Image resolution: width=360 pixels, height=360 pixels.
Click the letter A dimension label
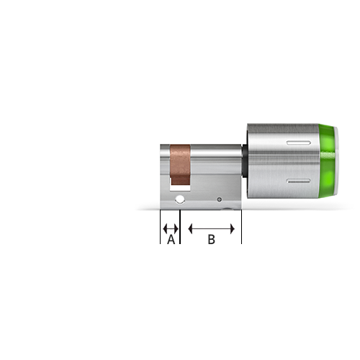(171, 240)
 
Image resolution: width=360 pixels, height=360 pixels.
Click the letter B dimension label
(211, 240)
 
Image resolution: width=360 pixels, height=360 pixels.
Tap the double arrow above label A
(171, 229)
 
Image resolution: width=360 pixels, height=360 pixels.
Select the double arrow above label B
(212, 229)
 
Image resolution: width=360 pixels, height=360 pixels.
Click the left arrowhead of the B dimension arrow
(190, 229)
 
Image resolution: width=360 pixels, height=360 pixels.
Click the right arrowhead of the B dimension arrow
(233, 229)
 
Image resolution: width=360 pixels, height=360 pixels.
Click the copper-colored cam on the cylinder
(180, 164)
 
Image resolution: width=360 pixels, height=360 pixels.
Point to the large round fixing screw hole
(180, 199)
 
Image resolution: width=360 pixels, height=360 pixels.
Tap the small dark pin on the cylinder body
(219, 199)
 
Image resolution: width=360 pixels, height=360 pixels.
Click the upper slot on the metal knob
(299, 143)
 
